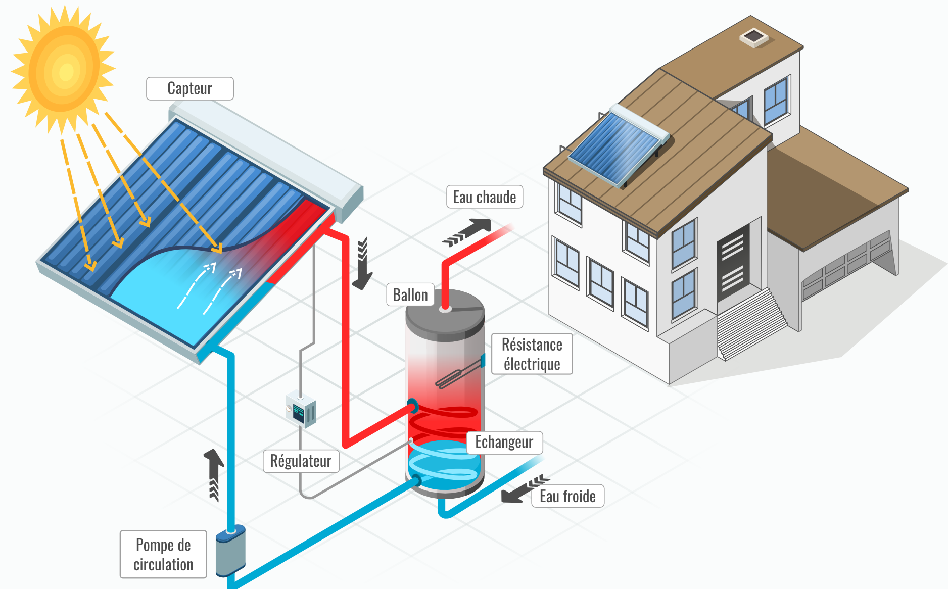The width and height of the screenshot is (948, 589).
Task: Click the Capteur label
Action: (189, 88)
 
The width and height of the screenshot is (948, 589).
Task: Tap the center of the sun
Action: (65, 71)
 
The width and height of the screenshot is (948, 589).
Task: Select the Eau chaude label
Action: (484, 197)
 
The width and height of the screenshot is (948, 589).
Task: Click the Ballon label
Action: (410, 294)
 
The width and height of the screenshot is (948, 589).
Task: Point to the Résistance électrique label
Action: (532, 354)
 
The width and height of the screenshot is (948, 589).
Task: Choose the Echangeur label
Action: (504, 442)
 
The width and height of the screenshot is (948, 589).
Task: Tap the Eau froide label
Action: (567, 496)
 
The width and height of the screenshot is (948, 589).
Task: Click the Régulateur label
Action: (301, 461)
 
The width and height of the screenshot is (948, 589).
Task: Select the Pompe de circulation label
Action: (163, 554)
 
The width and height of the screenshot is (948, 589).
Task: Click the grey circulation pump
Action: (230, 552)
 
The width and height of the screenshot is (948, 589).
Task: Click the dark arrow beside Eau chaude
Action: (467, 232)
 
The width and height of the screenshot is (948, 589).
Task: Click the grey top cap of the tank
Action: (445, 313)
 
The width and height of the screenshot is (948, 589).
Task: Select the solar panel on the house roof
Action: (617, 146)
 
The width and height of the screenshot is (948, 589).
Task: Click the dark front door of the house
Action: (733, 263)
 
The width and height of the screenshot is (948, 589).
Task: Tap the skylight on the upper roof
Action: (753, 37)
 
